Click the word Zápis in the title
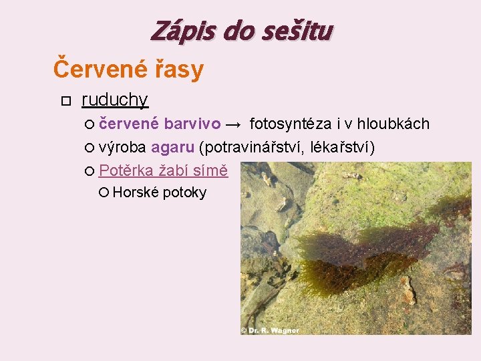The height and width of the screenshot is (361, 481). [x=176, y=30]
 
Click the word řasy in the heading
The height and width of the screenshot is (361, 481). [x=179, y=69]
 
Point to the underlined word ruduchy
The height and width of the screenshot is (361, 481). [x=114, y=100]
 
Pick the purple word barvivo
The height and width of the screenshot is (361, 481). [x=192, y=124]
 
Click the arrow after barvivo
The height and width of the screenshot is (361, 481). [x=234, y=124]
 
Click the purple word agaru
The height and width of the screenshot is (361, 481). [x=172, y=147]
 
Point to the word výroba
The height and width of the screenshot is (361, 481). [x=122, y=147]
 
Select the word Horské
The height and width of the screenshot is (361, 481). [x=136, y=193]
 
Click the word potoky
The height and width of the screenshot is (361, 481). [x=184, y=193]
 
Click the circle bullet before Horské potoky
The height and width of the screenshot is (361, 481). [x=104, y=193]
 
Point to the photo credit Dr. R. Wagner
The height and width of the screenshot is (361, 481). [x=271, y=330]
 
